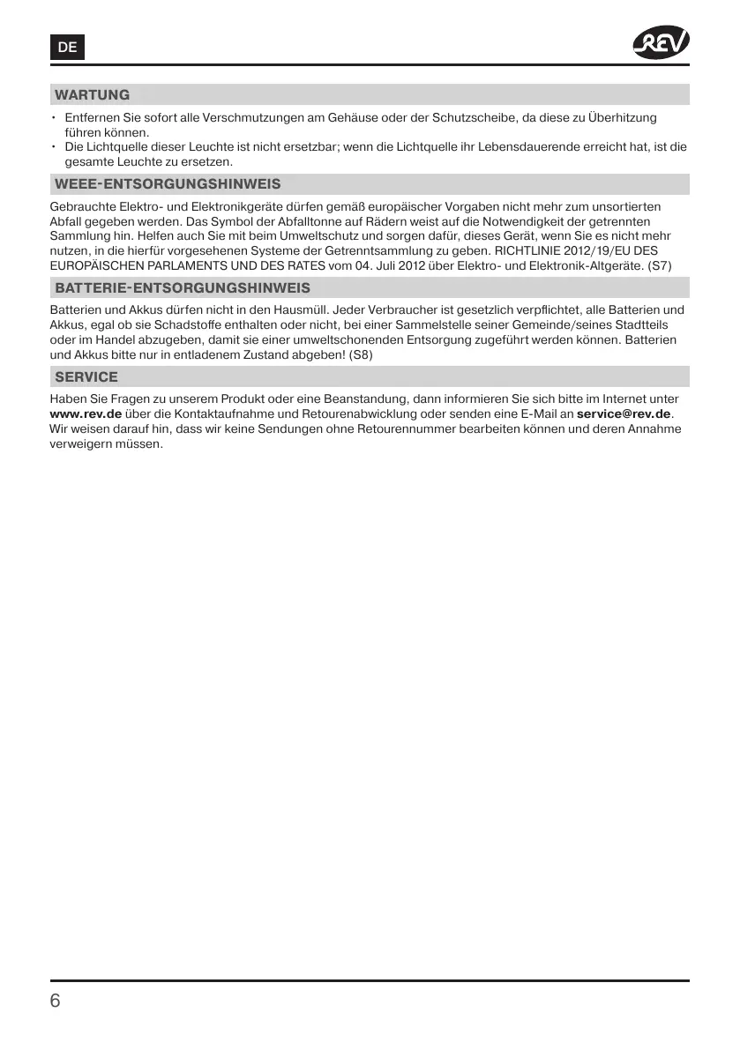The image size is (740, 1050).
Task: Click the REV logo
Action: (661, 43)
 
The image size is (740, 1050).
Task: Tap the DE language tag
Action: (67, 48)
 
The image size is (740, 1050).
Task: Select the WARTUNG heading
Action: (92, 94)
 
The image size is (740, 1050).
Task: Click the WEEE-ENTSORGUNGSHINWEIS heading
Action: (168, 184)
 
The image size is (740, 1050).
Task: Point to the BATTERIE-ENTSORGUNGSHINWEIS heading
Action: (183, 288)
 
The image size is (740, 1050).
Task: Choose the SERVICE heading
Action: (86, 376)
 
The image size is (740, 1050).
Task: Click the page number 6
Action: (56, 1001)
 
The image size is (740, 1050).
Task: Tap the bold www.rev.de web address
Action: (86, 413)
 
